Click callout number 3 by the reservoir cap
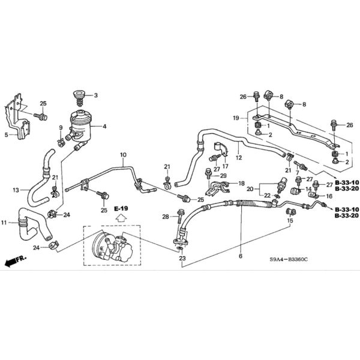click(95, 95)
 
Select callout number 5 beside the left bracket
click(7, 135)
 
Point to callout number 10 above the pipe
click(123, 156)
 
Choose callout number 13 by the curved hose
click(16, 190)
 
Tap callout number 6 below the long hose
click(240, 256)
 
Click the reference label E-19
click(122, 208)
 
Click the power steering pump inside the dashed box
click(112, 247)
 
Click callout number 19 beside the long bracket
click(236, 118)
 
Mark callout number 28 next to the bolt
click(164, 216)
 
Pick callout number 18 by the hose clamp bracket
click(242, 183)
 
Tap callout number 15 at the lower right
click(290, 221)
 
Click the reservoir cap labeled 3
click(78, 96)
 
